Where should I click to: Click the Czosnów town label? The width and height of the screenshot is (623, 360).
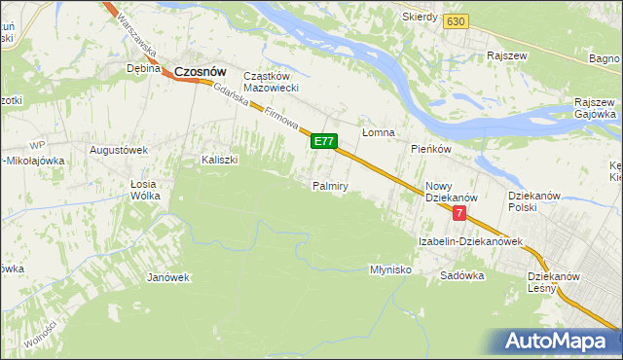(x=201, y=71)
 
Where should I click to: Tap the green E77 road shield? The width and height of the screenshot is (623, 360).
(x=324, y=142)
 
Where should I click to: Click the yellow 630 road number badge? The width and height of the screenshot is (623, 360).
(x=454, y=21)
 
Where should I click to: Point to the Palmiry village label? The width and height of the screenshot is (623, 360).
(x=330, y=185)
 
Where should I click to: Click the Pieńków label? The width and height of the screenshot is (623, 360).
(x=430, y=149)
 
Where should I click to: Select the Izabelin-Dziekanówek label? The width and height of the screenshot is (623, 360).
(x=471, y=240)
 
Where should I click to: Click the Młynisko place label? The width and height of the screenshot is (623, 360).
(x=391, y=270)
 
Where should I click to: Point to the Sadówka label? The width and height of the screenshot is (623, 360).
(x=461, y=275)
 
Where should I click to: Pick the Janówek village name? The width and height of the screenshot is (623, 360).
(x=167, y=277)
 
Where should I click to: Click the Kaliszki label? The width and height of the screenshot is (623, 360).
(x=220, y=160)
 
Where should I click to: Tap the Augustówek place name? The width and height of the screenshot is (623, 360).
(x=118, y=150)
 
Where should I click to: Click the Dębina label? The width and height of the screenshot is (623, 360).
(x=143, y=69)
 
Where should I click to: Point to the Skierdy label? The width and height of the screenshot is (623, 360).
(x=421, y=18)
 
